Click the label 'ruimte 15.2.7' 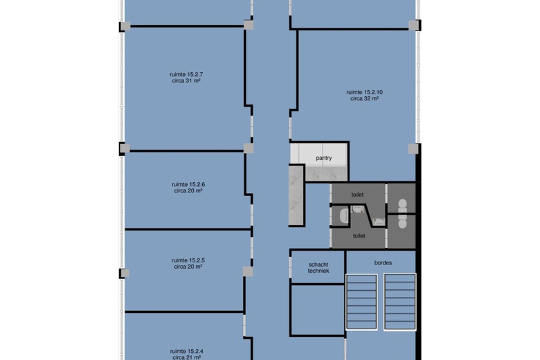186,74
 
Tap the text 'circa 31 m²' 186,81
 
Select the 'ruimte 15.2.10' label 364,92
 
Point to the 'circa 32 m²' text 364,98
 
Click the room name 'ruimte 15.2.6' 188,185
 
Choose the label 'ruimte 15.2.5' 188,260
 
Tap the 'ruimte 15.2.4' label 187,352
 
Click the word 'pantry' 324,158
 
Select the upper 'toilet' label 357,195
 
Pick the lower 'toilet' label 359,236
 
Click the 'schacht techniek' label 318,268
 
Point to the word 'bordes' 383,263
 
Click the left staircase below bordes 361,302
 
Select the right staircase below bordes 400,302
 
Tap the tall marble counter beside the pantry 296,196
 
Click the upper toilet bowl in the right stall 402,206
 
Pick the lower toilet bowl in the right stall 402,221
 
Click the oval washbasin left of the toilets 343,216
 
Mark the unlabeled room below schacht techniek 318,309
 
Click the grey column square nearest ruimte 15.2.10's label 413,149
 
